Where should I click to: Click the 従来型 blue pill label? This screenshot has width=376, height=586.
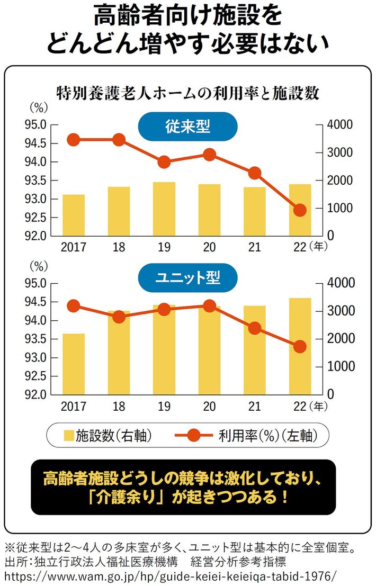coord(187,127)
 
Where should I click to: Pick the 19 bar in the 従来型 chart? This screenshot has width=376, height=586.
coord(164,209)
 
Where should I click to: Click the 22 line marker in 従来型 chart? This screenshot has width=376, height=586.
coord(300,210)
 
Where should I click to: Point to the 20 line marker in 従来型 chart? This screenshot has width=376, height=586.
coord(209,155)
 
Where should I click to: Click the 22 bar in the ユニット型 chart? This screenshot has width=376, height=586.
coord(300,346)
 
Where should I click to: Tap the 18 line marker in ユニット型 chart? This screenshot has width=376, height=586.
coord(119,317)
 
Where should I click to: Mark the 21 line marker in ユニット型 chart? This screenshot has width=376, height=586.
coord(255,328)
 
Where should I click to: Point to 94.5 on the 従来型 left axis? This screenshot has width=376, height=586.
coord(36,143)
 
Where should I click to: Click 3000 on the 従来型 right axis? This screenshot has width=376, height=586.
coord(340,152)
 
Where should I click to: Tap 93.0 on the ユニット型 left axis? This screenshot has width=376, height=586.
coord(36,358)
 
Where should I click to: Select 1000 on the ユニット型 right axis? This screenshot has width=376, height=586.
coord(340,366)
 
